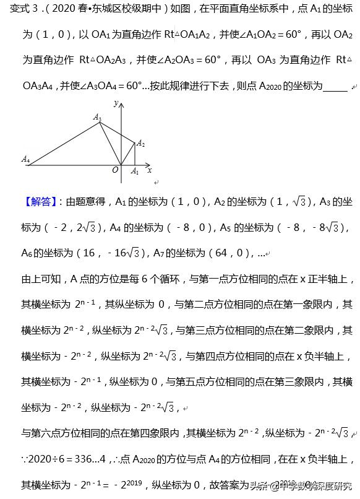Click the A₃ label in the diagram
click(x=97, y=116)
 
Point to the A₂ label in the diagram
click(x=141, y=143)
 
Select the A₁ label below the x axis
click(x=135, y=172)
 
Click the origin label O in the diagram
click(x=115, y=170)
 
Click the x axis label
click(x=150, y=169)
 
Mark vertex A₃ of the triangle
click(x=101, y=123)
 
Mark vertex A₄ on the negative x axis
click(x=28, y=165)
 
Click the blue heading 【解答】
click(x=39, y=202)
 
